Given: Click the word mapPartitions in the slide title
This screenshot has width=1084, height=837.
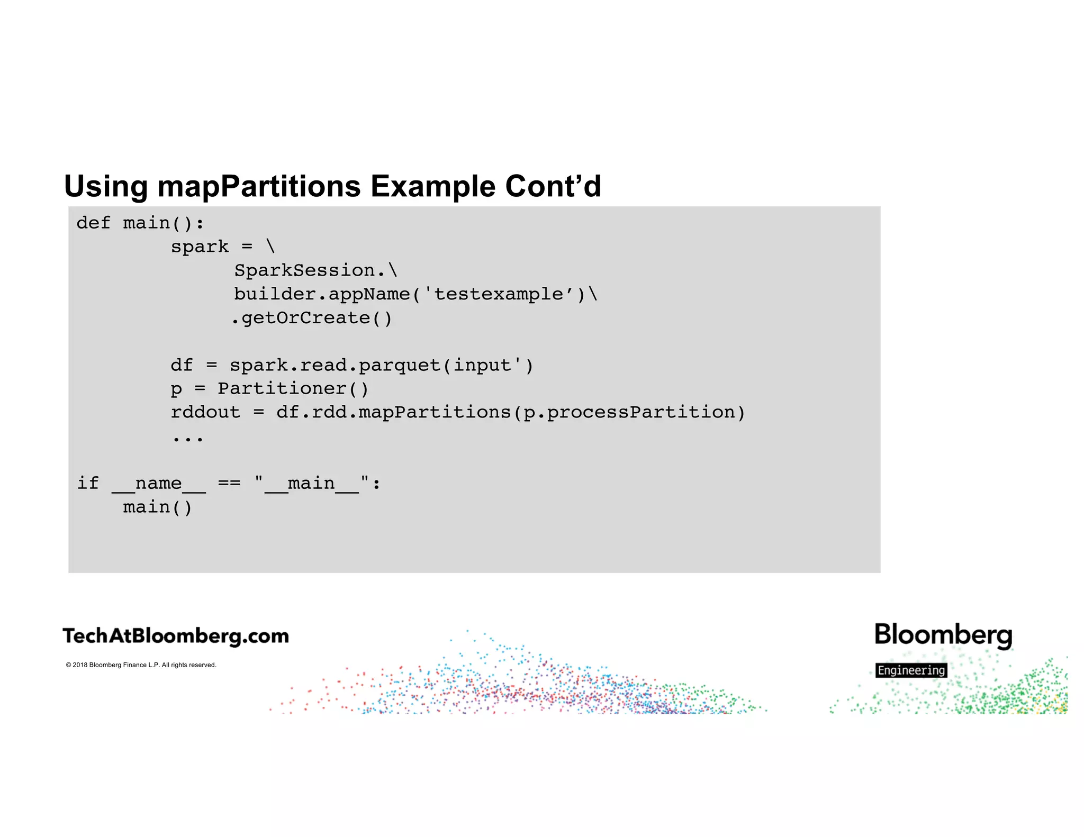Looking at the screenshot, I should click(259, 186).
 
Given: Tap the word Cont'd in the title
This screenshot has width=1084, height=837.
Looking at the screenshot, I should click(553, 186).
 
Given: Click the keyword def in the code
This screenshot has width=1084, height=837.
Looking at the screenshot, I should click(93, 223).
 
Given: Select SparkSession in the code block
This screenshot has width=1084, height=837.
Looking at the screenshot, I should click(305, 270).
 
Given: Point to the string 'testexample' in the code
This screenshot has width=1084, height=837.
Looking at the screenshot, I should click(499, 294).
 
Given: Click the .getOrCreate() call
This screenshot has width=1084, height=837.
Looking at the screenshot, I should click(312, 318).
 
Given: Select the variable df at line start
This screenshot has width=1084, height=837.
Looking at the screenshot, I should click(182, 365).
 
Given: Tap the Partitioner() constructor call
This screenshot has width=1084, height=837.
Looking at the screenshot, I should click(293, 389).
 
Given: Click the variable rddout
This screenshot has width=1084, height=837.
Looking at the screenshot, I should click(205, 412).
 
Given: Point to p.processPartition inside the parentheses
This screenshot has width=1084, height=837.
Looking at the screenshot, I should click(629, 412).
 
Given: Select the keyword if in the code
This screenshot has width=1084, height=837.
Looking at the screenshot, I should click(88, 483).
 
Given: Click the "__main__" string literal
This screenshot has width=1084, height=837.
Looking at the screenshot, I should click(312, 483).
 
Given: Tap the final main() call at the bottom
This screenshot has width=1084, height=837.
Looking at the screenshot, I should click(157, 507).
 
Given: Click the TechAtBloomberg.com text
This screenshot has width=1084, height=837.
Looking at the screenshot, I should click(176, 636).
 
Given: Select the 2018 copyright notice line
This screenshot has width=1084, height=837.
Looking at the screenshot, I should click(141, 665).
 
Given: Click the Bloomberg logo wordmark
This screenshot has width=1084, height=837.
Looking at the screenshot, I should click(943, 635).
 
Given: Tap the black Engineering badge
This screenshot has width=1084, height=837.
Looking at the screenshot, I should click(911, 670).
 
